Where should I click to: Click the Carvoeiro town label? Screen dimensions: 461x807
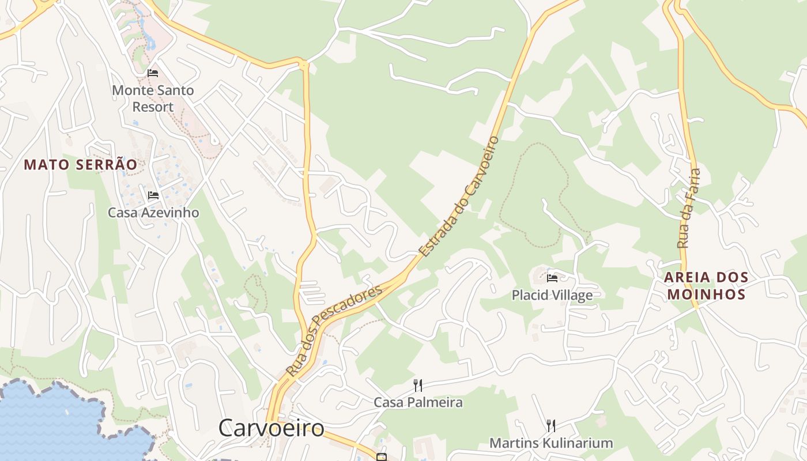click(x=271, y=428)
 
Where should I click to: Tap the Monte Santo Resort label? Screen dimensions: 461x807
click(x=153, y=98)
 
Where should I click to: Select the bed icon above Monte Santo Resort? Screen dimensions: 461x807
click(x=153, y=73)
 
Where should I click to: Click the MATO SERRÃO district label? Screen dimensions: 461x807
click(x=81, y=165)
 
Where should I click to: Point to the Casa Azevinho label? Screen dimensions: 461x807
click(x=153, y=213)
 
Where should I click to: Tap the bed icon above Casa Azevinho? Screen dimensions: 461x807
click(x=153, y=195)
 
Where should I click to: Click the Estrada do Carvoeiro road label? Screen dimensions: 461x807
click(x=459, y=196)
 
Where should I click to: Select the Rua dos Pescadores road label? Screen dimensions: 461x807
click(x=334, y=330)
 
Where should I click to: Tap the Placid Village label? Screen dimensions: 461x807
click(x=552, y=296)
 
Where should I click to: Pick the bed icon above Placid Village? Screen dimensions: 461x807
click(x=552, y=278)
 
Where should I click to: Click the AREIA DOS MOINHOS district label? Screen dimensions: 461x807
click(x=706, y=286)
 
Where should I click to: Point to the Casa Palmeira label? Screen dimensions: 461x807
click(x=418, y=402)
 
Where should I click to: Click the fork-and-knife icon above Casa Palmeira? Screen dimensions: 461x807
click(x=418, y=385)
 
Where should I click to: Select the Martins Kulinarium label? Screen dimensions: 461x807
click(x=550, y=443)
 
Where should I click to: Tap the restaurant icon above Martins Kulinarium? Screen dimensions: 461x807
click(x=551, y=426)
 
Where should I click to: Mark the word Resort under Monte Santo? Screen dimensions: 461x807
click(x=153, y=107)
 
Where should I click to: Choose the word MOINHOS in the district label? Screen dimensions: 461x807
click(x=706, y=294)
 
